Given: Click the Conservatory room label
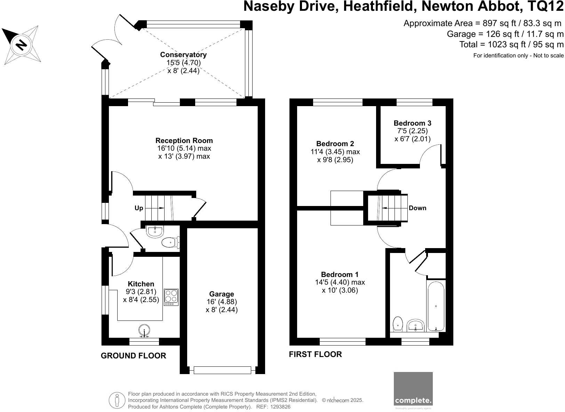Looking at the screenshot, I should point(183,55).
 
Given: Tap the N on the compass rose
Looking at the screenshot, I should point(22,45).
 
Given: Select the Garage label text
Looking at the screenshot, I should point(221,294).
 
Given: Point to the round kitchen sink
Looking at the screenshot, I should point(144,330).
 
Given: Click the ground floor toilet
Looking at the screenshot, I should point(170,242).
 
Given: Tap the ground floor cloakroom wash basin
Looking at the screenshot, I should point(154,231).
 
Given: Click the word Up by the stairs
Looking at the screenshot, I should point(139,208).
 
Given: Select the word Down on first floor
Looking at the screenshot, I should point(417,208).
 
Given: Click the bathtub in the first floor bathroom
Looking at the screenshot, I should point(436,306).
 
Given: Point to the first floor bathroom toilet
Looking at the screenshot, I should point(398,324).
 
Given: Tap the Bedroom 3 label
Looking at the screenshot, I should point(412,123).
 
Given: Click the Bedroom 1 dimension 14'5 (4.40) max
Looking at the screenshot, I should point(340,282).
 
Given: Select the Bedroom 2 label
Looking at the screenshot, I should point(335,143).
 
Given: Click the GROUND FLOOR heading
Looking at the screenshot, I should point(133,356).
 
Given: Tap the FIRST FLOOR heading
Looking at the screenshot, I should point(315,354).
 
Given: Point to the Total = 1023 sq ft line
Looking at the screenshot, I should point(511,45).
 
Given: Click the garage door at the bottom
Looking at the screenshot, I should point(222,370).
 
